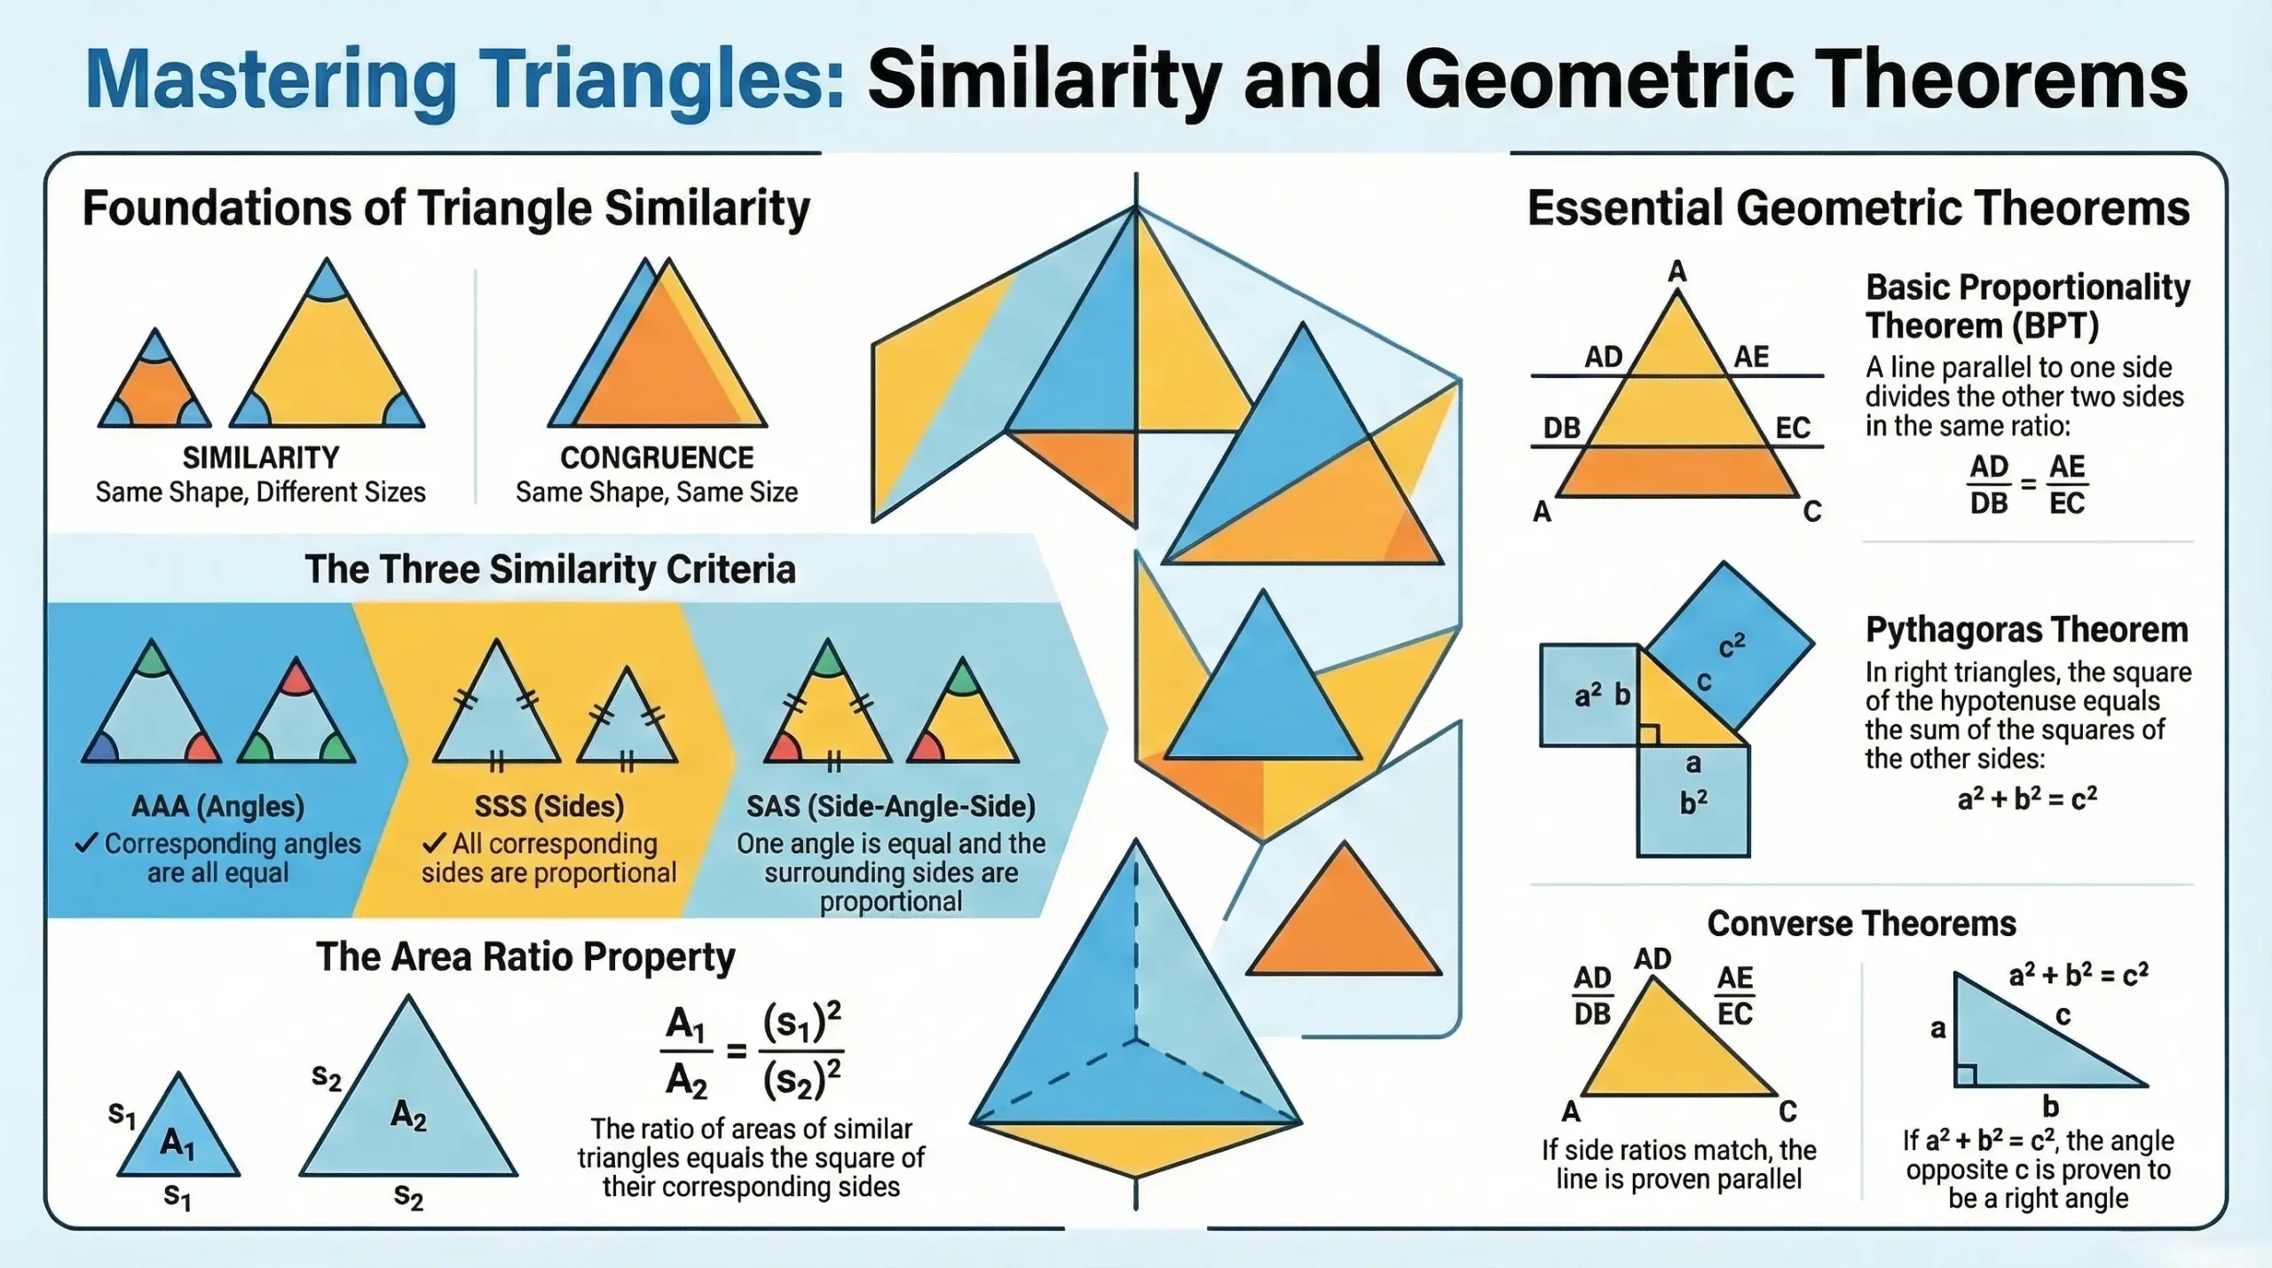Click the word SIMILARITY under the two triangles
click(x=260, y=458)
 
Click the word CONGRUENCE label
click(x=657, y=458)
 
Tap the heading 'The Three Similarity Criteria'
click(x=549, y=570)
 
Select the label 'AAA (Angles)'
click(x=217, y=807)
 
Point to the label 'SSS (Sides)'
click(x=548, y=807)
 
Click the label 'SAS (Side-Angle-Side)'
click(x=890, y=807)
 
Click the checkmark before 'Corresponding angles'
click(x=86, y=843)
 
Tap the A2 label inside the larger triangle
click(x=408, y=1114)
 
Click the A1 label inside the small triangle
click(x=177, y=1143)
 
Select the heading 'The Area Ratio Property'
click(x=525, y=957)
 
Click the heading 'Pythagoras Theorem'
click(x=2026, y=630)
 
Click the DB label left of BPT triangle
click(x=1561, y=429)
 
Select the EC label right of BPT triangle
click(x=1792, y=429)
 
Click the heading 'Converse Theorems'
click(x=1861, y=925)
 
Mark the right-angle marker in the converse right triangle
click(x=1966, y=1076)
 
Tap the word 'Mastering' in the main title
click(x=271, y=81)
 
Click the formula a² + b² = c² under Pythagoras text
click(x=2026, y=799)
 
